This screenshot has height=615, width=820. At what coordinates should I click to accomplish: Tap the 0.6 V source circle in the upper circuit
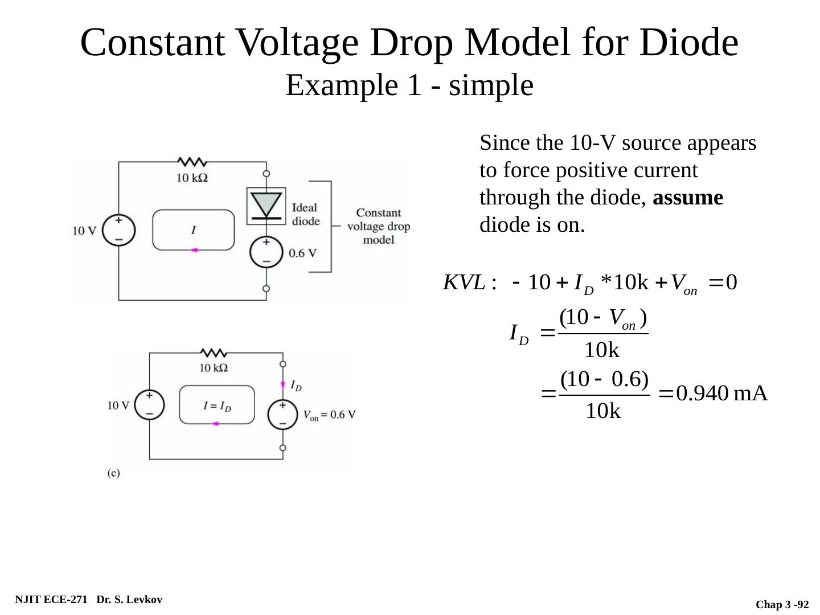(266, 252)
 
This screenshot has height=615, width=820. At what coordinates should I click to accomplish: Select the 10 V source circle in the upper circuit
(119, 230)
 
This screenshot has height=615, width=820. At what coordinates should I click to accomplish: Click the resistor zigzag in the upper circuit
(192, 162)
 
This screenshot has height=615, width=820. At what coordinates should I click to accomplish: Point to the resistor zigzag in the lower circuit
(214, 353)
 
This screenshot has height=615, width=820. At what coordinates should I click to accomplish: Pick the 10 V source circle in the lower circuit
(149, 405)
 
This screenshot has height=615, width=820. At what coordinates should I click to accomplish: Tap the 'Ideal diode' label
(306, 214)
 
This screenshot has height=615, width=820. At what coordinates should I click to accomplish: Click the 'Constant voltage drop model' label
(379, 226)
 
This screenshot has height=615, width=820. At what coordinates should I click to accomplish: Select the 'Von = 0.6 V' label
(330, 415)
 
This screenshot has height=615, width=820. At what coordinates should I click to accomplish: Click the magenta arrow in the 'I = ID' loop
(215, 424)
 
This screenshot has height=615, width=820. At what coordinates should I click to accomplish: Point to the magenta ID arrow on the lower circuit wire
(283, 385)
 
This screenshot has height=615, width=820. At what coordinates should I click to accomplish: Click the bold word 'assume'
(688, 198)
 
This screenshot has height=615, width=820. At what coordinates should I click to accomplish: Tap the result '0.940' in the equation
(702, 393)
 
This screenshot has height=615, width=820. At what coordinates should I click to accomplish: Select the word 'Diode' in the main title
(689, 43)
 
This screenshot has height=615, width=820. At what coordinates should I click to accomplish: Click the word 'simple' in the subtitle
(491, 86)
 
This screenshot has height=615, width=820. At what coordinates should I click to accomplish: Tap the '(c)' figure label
(114, 473)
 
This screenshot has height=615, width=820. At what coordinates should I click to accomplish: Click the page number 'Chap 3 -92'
(782, 604)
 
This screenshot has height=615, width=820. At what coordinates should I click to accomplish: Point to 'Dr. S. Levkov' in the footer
(129, 600)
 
